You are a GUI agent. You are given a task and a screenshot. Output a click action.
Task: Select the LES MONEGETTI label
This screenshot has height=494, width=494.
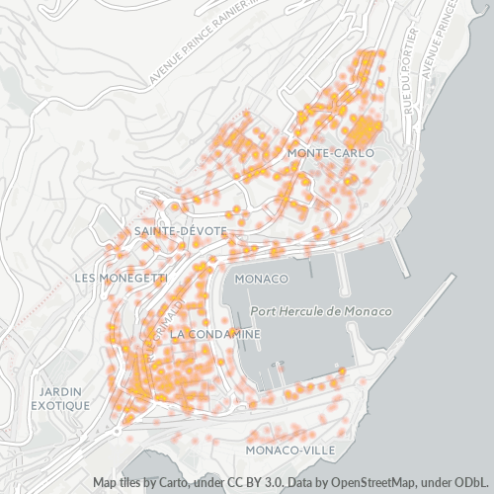click(x=121, y=279)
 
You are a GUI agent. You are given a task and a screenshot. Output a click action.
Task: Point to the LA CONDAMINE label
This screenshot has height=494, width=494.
click(x=215, y=335)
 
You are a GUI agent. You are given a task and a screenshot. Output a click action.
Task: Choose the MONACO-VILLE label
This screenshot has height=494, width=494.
click(x=289, y=450)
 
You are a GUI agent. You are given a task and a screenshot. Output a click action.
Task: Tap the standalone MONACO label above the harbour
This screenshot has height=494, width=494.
click(x=262, y=279)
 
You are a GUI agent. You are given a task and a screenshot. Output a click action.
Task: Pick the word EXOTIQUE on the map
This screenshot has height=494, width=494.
click(x=60, y=405)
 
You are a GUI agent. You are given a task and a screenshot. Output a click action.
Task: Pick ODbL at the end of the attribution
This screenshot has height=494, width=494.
click(x=472, y=483)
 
